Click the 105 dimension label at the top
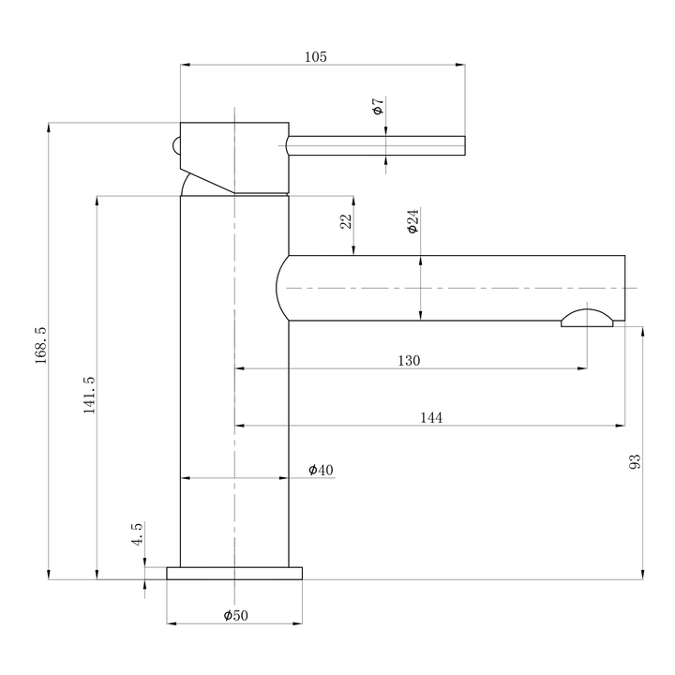pos(316,57)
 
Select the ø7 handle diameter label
pos(378,106)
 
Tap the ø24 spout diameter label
pos(412,220)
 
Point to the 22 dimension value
pos(346,221)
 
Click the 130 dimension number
pos(409,361)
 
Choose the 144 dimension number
pos(430,418)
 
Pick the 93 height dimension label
pos(635,461)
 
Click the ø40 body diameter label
pos(321,470)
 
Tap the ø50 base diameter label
pos(235,615)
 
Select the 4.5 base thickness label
pos(137,535)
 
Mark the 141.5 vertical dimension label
pos(90,397)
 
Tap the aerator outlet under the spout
pos(587,319)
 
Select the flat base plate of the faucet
pos(234,573)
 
